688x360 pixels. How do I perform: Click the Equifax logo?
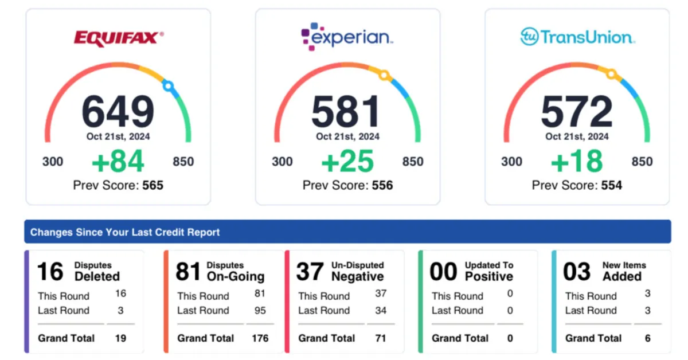118,38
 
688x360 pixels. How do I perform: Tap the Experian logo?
347,37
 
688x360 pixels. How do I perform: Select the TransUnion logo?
577,37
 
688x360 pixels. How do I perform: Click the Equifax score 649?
118,111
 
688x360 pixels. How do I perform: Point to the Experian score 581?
346,111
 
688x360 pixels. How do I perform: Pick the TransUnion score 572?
577,111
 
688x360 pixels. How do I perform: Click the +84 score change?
118,162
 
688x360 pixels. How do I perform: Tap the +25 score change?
347,162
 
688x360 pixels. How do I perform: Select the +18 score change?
577,162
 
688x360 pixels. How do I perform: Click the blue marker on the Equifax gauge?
167,86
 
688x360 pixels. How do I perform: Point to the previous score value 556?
382,185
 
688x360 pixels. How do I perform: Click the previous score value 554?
612,185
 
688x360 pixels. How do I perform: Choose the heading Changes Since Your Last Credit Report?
125,232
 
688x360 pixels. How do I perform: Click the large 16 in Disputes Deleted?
50,272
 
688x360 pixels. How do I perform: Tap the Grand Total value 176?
260,338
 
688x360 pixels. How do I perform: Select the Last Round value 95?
260,311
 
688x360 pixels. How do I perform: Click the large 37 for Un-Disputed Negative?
310,272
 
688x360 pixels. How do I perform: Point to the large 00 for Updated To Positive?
443,272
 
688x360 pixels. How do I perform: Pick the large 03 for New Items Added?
576,272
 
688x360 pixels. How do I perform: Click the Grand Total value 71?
381,338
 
